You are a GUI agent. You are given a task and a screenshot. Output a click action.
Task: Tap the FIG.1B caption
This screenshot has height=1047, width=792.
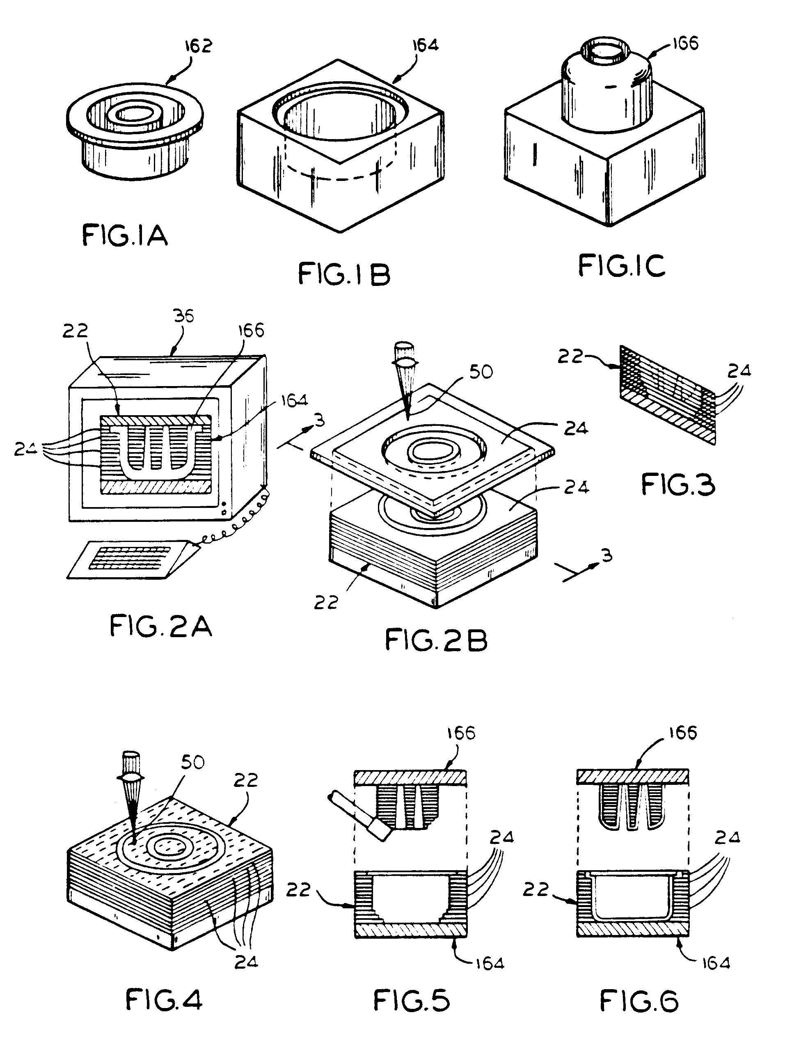click(x=344, y=274)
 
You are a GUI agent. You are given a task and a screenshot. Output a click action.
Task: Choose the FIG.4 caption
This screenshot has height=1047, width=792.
click(x=164, y=1001)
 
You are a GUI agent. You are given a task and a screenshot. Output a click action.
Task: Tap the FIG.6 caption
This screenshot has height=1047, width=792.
click(x=639, y=1001)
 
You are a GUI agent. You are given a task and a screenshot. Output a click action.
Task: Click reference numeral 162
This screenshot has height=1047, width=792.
click(x=198, y=46)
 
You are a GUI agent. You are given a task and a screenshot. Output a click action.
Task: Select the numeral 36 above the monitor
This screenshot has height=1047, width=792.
click(x=184, y=316)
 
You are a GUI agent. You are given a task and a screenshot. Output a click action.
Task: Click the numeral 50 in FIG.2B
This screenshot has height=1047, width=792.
click(x=481, y=372)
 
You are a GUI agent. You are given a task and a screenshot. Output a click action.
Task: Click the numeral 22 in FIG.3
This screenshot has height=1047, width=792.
click(x=570, y=357)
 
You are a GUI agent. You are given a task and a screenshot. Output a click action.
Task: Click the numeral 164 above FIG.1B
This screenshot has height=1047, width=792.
click(x=425, y=45)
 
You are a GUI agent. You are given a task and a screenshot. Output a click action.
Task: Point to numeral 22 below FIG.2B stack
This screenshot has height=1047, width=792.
click(x=326, y=603)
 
